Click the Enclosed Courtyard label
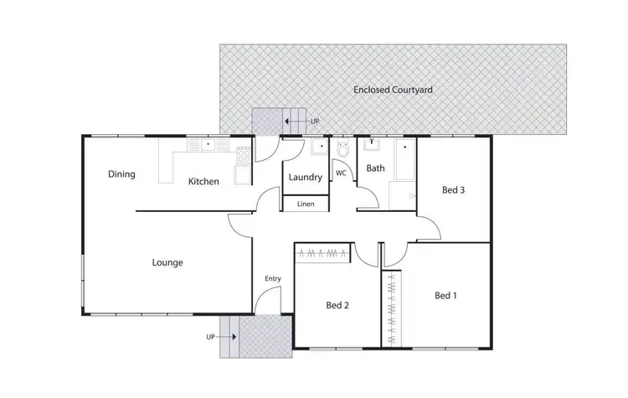393,88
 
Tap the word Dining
121,174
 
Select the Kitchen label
203,181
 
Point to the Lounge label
167,262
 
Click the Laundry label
305,178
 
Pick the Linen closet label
306,204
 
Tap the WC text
342,173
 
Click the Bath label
375,168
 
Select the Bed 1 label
446,295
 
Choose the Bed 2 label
337,305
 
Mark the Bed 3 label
453,190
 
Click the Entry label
273,279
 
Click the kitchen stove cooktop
244,153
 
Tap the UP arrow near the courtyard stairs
292,121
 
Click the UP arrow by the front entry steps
226,336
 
